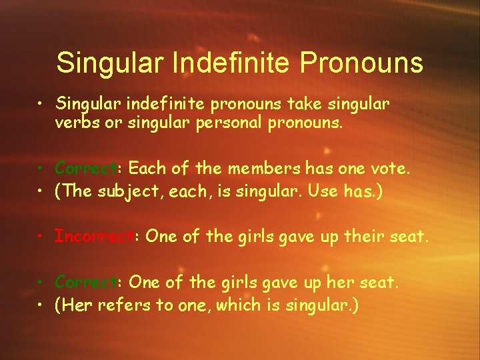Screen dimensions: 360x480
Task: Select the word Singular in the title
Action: point(111,63)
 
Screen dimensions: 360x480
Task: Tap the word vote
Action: point(392,168)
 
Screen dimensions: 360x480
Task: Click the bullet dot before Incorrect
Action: point(42,237)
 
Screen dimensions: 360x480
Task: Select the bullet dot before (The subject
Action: point(42,192)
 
